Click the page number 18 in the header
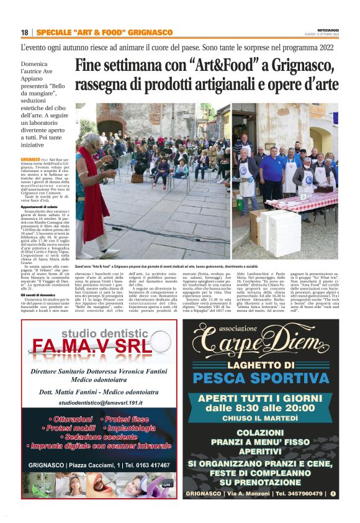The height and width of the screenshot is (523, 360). [x=24, y=32]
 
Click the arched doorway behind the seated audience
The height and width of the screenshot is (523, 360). [x=111, y=130]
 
